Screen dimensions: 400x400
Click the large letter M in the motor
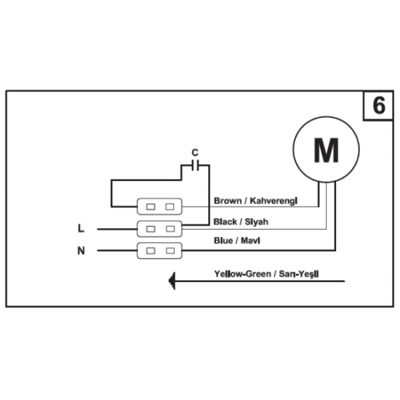(327, 150)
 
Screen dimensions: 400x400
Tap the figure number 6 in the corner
(379, 105)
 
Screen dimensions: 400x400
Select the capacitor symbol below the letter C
(195, 165)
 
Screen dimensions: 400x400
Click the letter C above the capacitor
(195, 153)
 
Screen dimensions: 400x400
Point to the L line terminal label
(81, 228)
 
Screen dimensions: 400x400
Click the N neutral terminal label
(81, 251)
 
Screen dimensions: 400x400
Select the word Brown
(228, 201)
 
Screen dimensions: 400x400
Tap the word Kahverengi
(273, 201)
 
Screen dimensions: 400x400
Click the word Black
(225, 222)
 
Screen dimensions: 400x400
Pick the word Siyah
(257, 222)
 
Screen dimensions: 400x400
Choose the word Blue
(223, 241)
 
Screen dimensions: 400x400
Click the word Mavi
(250, 241)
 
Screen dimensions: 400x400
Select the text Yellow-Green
(243, 274)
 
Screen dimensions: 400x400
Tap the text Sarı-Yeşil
(299, 274)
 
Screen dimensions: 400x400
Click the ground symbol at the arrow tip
(172, 281)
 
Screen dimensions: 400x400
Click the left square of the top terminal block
(151, 207)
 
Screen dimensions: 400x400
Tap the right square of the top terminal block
(170, 207)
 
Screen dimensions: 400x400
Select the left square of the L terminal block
(151, 229)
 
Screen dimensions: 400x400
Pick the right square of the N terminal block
(170, 251)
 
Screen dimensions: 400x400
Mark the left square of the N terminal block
(151, 251)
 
